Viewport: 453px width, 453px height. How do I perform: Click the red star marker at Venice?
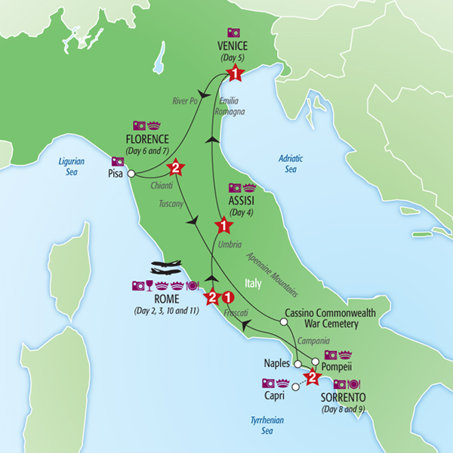236,74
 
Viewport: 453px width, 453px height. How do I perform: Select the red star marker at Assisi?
223,224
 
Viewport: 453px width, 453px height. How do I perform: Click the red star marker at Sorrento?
311,377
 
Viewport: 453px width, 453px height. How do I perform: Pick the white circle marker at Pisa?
131,174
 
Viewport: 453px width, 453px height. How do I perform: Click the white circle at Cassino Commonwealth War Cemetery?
284,322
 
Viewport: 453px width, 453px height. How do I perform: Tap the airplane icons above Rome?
168,269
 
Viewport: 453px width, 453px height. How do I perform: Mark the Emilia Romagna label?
230,106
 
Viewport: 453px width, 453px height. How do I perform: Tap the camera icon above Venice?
235,33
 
